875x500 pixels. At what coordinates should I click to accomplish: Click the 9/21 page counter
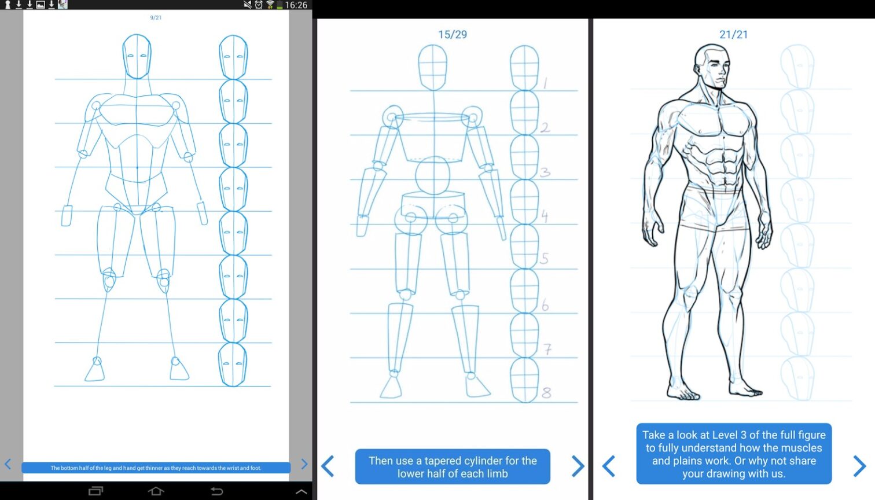coord(156,18)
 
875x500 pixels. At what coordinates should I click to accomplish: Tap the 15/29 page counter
coord(452,35)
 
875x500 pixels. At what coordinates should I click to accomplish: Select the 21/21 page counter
coord(733,35)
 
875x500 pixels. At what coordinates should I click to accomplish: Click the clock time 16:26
coord(296,5)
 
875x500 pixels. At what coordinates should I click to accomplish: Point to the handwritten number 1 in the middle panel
coord(545,83)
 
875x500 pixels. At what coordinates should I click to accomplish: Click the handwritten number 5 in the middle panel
coord(544,259)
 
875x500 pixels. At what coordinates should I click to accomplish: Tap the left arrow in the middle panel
coord(328,466)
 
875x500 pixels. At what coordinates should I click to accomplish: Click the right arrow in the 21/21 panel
coord(859,466)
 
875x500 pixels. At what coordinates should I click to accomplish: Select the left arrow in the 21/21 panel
coord(609,466)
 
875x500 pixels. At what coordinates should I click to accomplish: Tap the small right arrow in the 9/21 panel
coord(304,464)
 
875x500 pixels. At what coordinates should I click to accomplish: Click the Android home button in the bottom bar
coord(156,491)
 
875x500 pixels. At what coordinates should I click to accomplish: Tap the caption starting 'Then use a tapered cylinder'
coord(453,467)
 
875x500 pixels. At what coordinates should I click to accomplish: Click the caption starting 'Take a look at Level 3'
coord(734,454)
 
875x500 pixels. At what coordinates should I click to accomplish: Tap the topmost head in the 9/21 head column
coord(233,57)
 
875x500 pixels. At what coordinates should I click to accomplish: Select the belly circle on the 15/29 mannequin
coord(433,175)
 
